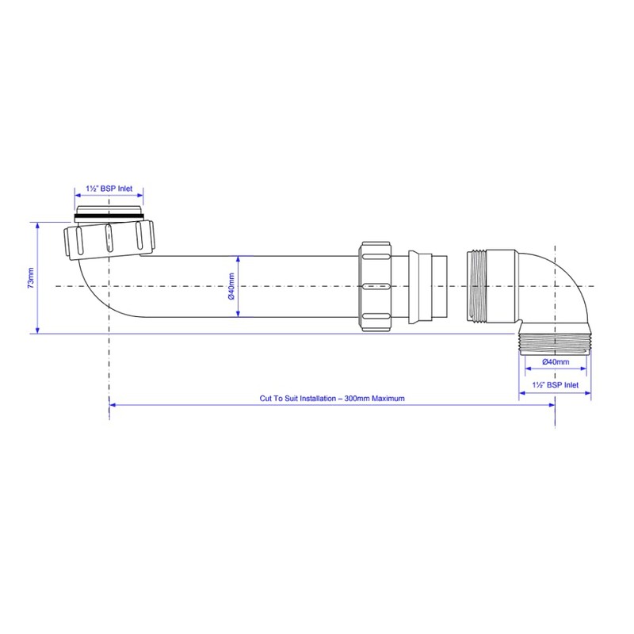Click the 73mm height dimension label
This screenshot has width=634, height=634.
point(31,278)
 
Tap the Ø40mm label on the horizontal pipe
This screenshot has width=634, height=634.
point(231,287)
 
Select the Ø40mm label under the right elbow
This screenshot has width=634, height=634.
point(556,362)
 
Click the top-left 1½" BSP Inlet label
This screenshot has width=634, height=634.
point(109,189)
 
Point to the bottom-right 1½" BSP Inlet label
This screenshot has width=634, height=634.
point(556,385)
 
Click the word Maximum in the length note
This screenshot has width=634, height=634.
point(388,399)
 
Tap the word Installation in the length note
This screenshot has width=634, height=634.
point(318,399)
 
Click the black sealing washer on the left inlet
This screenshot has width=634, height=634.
point(109,217)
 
